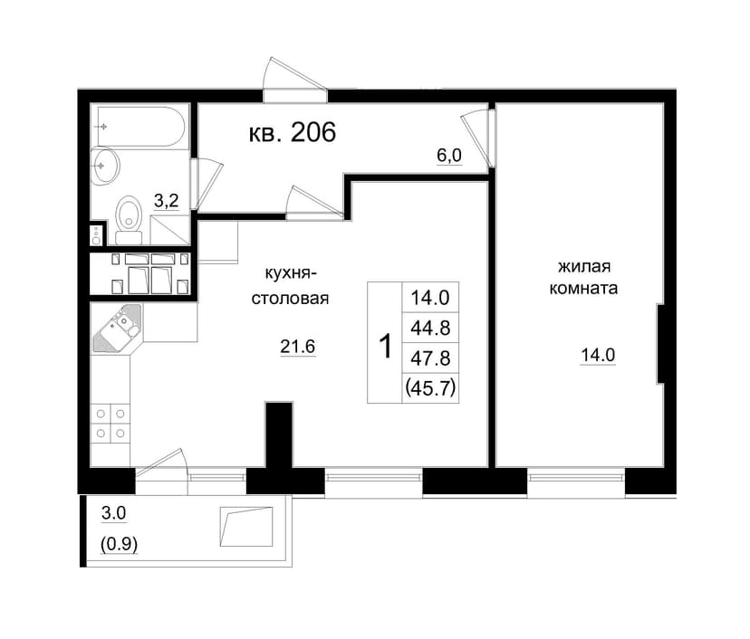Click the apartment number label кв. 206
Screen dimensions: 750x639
point(293,132)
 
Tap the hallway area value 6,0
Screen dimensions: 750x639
point(449,156)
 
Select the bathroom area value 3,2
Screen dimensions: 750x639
point(167,201)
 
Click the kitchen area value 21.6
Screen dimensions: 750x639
point(297,347)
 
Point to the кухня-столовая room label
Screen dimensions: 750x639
point(291,286)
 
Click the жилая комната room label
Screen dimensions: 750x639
point(583,277)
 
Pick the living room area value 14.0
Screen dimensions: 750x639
point(598,355)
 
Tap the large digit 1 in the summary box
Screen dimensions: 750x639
point(385,346)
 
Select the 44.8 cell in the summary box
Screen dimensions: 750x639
point(430,328)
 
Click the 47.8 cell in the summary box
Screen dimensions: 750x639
point(430,358)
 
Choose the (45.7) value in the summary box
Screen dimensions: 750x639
point(430,387)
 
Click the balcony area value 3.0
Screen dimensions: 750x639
point(114,513)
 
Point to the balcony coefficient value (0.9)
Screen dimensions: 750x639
point(119,544)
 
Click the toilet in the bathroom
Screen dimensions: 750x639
point(129,220)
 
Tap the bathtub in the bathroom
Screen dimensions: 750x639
point(140,127)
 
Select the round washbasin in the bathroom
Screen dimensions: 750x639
point(105,166)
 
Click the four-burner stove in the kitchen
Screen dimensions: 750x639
point(111,424)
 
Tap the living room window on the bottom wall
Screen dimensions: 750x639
point(576,476)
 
